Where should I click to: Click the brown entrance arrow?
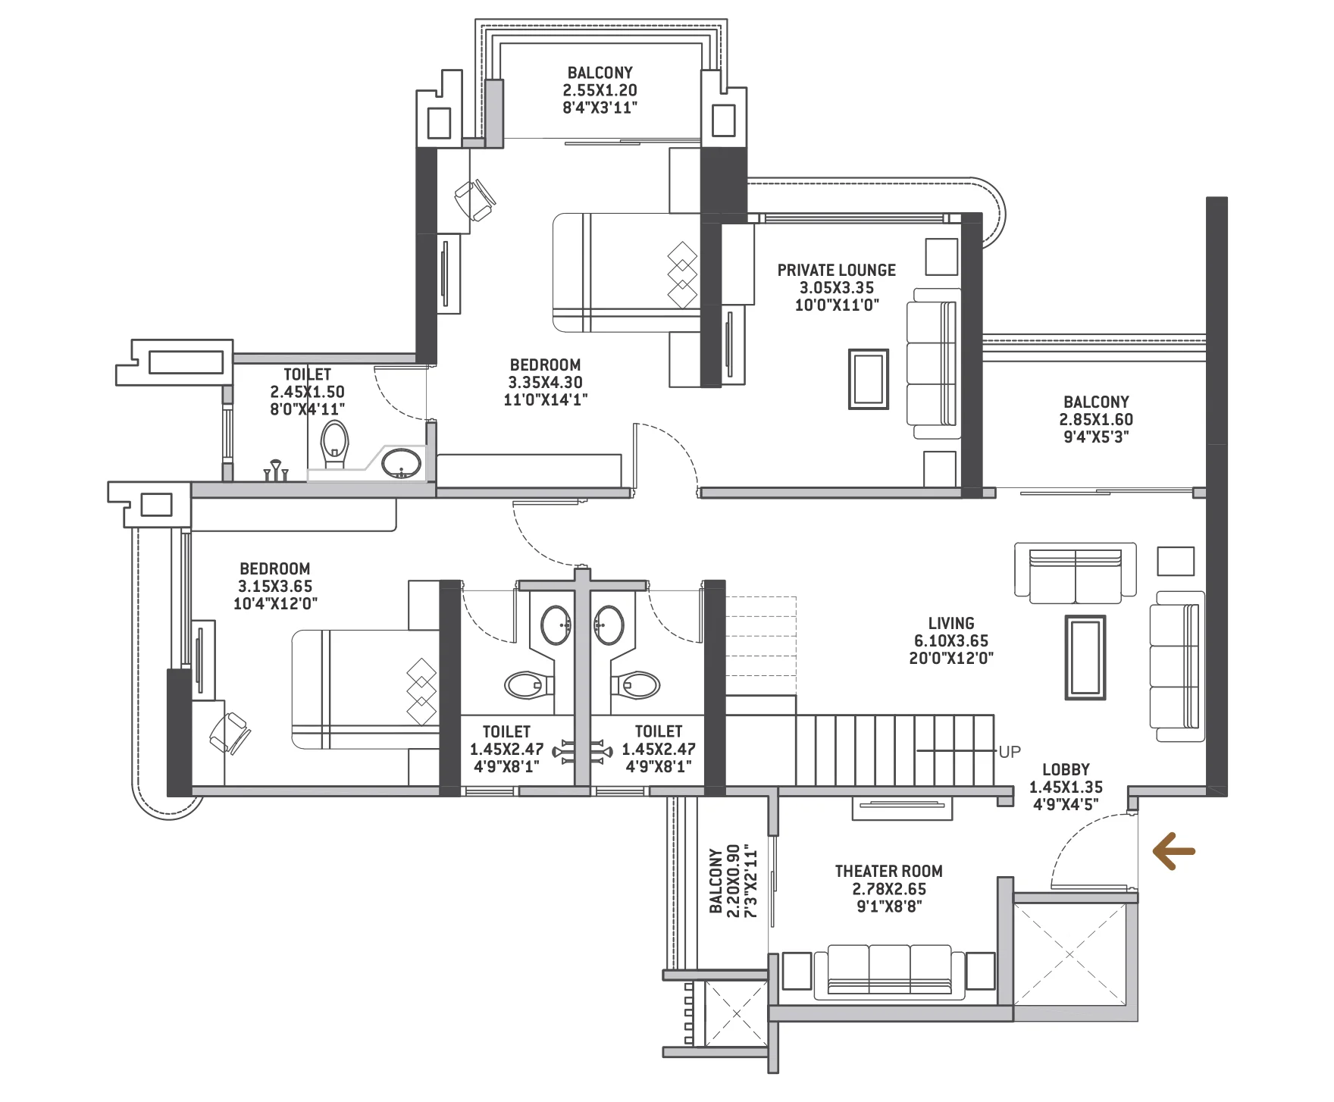coord(1173,851)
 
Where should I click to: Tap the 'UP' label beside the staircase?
coord(1010,752)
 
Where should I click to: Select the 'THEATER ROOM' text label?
coord(888,872)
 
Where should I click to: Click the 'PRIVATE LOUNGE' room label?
coord(836,271)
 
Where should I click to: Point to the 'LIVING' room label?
coord(951,623)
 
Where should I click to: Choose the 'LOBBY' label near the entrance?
coord(1066,770)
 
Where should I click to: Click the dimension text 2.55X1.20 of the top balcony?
coord(600,90)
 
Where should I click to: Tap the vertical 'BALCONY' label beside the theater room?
coord(716,881)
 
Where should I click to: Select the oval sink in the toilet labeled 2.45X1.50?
coord(400,463)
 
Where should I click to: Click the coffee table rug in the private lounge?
coord(869,379)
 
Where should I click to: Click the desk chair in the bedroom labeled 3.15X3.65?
coord(229,732)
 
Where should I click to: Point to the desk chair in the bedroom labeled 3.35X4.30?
coord(474,199)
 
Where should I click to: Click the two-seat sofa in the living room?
coord(1075,572)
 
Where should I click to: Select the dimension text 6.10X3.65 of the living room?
coord(951,641)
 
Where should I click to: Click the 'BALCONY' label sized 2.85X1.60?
coord(1096,402)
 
